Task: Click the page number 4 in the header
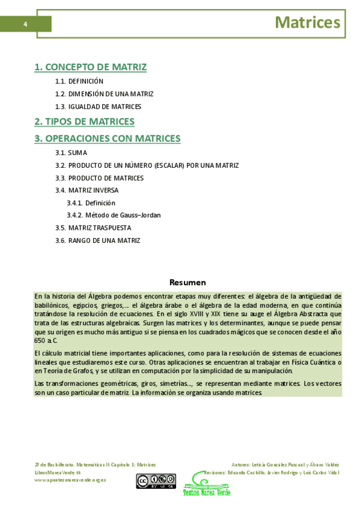coord(25,24)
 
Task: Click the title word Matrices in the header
coord(307,23)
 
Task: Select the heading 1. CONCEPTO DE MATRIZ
coord(91,67)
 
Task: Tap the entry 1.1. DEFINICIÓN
coord(79,81)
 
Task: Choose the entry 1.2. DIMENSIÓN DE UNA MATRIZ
coord(104,94)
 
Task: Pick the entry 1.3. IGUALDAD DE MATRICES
coord(98,106)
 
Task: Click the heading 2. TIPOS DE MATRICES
coord(85,121)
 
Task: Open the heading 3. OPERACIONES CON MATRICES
coord(108,138)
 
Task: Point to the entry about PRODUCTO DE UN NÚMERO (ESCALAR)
coord(147,165)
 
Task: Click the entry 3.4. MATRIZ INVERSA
coord(87,191)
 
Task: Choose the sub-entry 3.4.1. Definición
coord(91,203)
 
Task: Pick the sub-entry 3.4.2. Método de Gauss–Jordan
coord(114,215)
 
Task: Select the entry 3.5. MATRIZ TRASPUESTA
coord(93,228)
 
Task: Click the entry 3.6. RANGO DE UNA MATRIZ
coord(97,241)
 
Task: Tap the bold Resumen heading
coord(188,282)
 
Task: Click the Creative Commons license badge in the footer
coord(155,481)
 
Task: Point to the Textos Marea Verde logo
coord(206,484)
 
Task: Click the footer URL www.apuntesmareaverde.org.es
coord(70,480)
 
